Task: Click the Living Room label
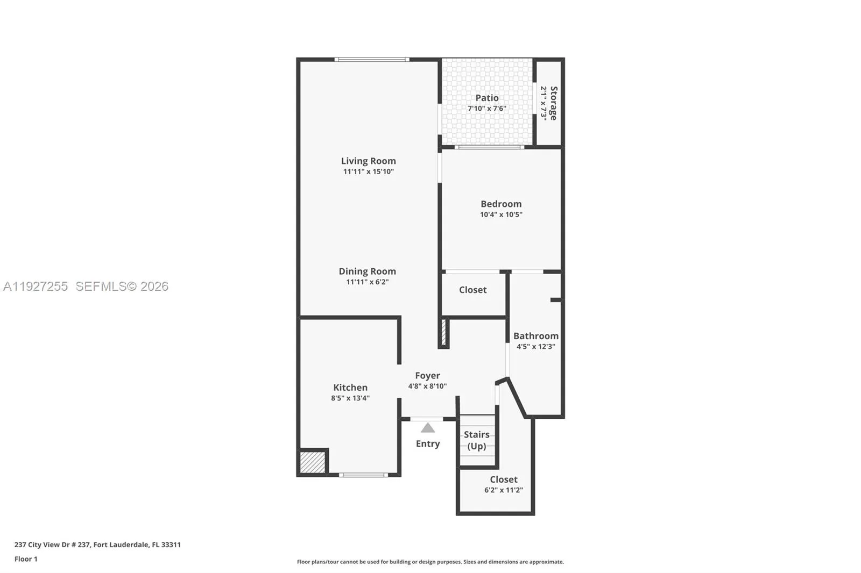368,161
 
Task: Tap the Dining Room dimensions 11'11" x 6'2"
367,282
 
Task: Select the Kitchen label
350,387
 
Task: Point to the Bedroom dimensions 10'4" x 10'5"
501,214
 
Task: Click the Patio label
486,98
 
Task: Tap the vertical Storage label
554,103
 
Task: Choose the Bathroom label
535,336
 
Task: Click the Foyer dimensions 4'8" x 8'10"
427,386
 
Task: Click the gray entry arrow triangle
428,428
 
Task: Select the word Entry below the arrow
428,443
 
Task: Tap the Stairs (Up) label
477,440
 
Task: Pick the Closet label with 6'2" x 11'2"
503,479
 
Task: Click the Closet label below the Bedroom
472,290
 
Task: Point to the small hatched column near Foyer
444,332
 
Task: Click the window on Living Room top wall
371,59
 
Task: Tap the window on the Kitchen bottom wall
363,475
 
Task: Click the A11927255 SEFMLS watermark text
86,286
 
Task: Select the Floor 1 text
26,559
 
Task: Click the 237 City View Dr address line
97,545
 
